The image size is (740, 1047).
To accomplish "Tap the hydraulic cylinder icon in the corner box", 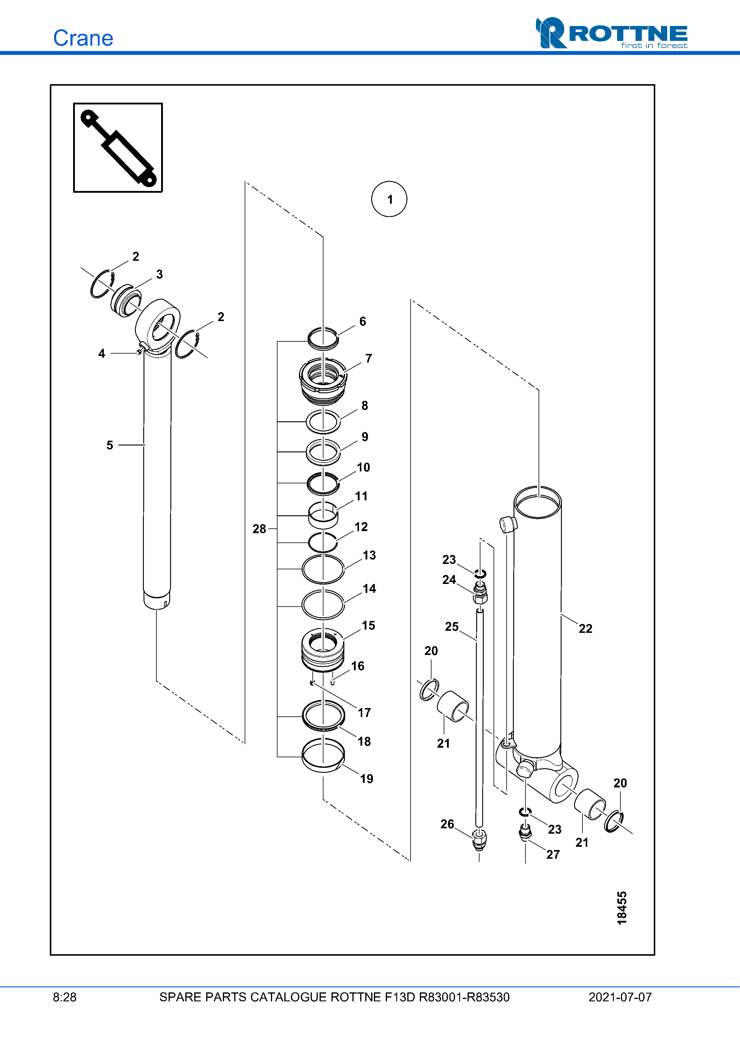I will coord(118,148).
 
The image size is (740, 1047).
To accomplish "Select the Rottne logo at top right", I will coord(611,33).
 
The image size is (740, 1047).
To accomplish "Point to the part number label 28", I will coord(259,529).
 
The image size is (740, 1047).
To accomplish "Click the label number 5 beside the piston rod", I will coord(110,445).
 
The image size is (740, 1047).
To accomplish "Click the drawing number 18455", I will coord(622,908).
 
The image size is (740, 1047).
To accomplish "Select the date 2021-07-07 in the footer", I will coord(620,997).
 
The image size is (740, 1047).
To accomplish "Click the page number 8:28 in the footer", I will coord(65,997).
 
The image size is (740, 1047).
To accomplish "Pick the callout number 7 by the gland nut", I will coord(369,358).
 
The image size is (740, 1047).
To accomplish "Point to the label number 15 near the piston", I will coord(369,626).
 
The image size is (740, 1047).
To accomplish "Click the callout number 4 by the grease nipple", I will coord(102,353).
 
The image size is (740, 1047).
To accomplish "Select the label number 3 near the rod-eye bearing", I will coord(159,275).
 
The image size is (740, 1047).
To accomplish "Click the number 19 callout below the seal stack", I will coord(367,779).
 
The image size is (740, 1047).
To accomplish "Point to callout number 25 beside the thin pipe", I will coord(451,627).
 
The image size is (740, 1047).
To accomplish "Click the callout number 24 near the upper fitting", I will coord(449,579).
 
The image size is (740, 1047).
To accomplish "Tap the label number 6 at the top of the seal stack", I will coord(363,321).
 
